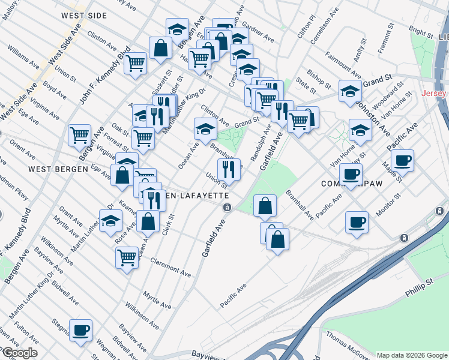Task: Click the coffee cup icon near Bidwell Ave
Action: tap(80, 331)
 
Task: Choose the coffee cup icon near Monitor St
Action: tap(357, 222)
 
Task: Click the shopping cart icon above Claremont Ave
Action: tap(127, 257)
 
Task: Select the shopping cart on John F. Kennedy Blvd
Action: tap(136, 63)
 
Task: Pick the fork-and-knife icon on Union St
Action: tap(229, 170)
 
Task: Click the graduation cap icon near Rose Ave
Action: tap(110, 221)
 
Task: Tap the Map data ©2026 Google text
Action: tap(412, 355)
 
